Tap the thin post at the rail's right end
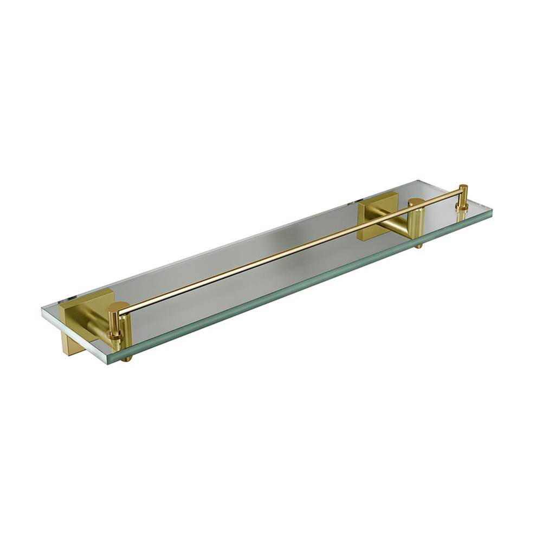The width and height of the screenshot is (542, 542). tap(462, 195)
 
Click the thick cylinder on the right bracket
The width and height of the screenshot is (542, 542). tap(417, 222)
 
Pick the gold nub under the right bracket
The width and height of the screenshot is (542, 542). tap(419, 246)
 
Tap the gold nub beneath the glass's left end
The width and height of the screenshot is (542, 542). tap(126, 358)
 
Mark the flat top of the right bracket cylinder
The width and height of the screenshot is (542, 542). tap(416, 202)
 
